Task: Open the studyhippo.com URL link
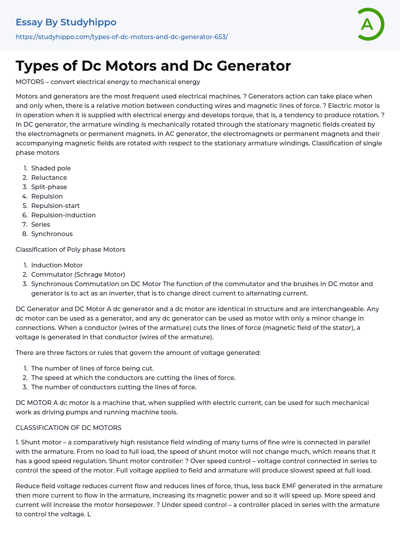click(121, 37)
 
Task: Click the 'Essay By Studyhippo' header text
click(66, 22)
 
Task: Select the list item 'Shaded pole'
click(51, 168)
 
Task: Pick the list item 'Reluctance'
click(49, 177)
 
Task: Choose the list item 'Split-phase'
click(49, 187)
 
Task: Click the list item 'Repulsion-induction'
click(63, 215)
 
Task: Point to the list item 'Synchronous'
click(52, 234)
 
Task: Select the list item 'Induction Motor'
click(57, 265)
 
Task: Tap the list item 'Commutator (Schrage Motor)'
click(78, 274)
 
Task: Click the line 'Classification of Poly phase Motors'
click(70, 249)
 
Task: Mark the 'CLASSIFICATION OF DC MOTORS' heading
click(68, 428)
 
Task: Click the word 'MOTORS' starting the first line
click(30, 82)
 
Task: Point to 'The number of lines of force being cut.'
click(93, 368)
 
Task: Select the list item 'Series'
click(41, 224)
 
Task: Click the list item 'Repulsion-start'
click(55, 206)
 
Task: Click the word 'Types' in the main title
click(37, 66)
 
